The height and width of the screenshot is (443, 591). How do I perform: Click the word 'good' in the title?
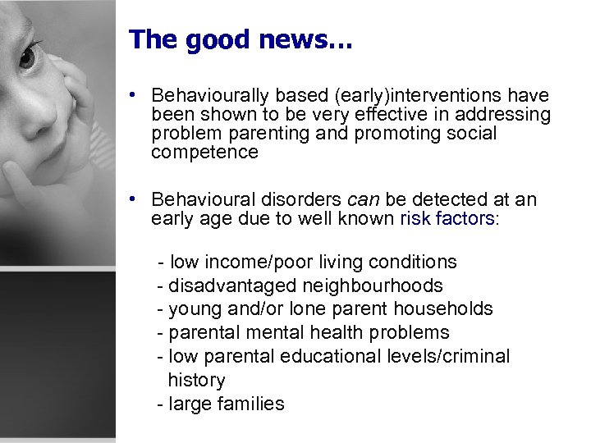tap(214, 40)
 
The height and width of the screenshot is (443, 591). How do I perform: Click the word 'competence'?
tap(204, 153)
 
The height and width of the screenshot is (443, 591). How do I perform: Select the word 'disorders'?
tap(305, 199)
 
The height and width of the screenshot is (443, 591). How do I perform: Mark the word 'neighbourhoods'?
tap(373, 285)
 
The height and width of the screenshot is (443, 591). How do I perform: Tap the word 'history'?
tap(196, 380)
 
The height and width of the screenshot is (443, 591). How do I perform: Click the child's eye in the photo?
tap(28, 57)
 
